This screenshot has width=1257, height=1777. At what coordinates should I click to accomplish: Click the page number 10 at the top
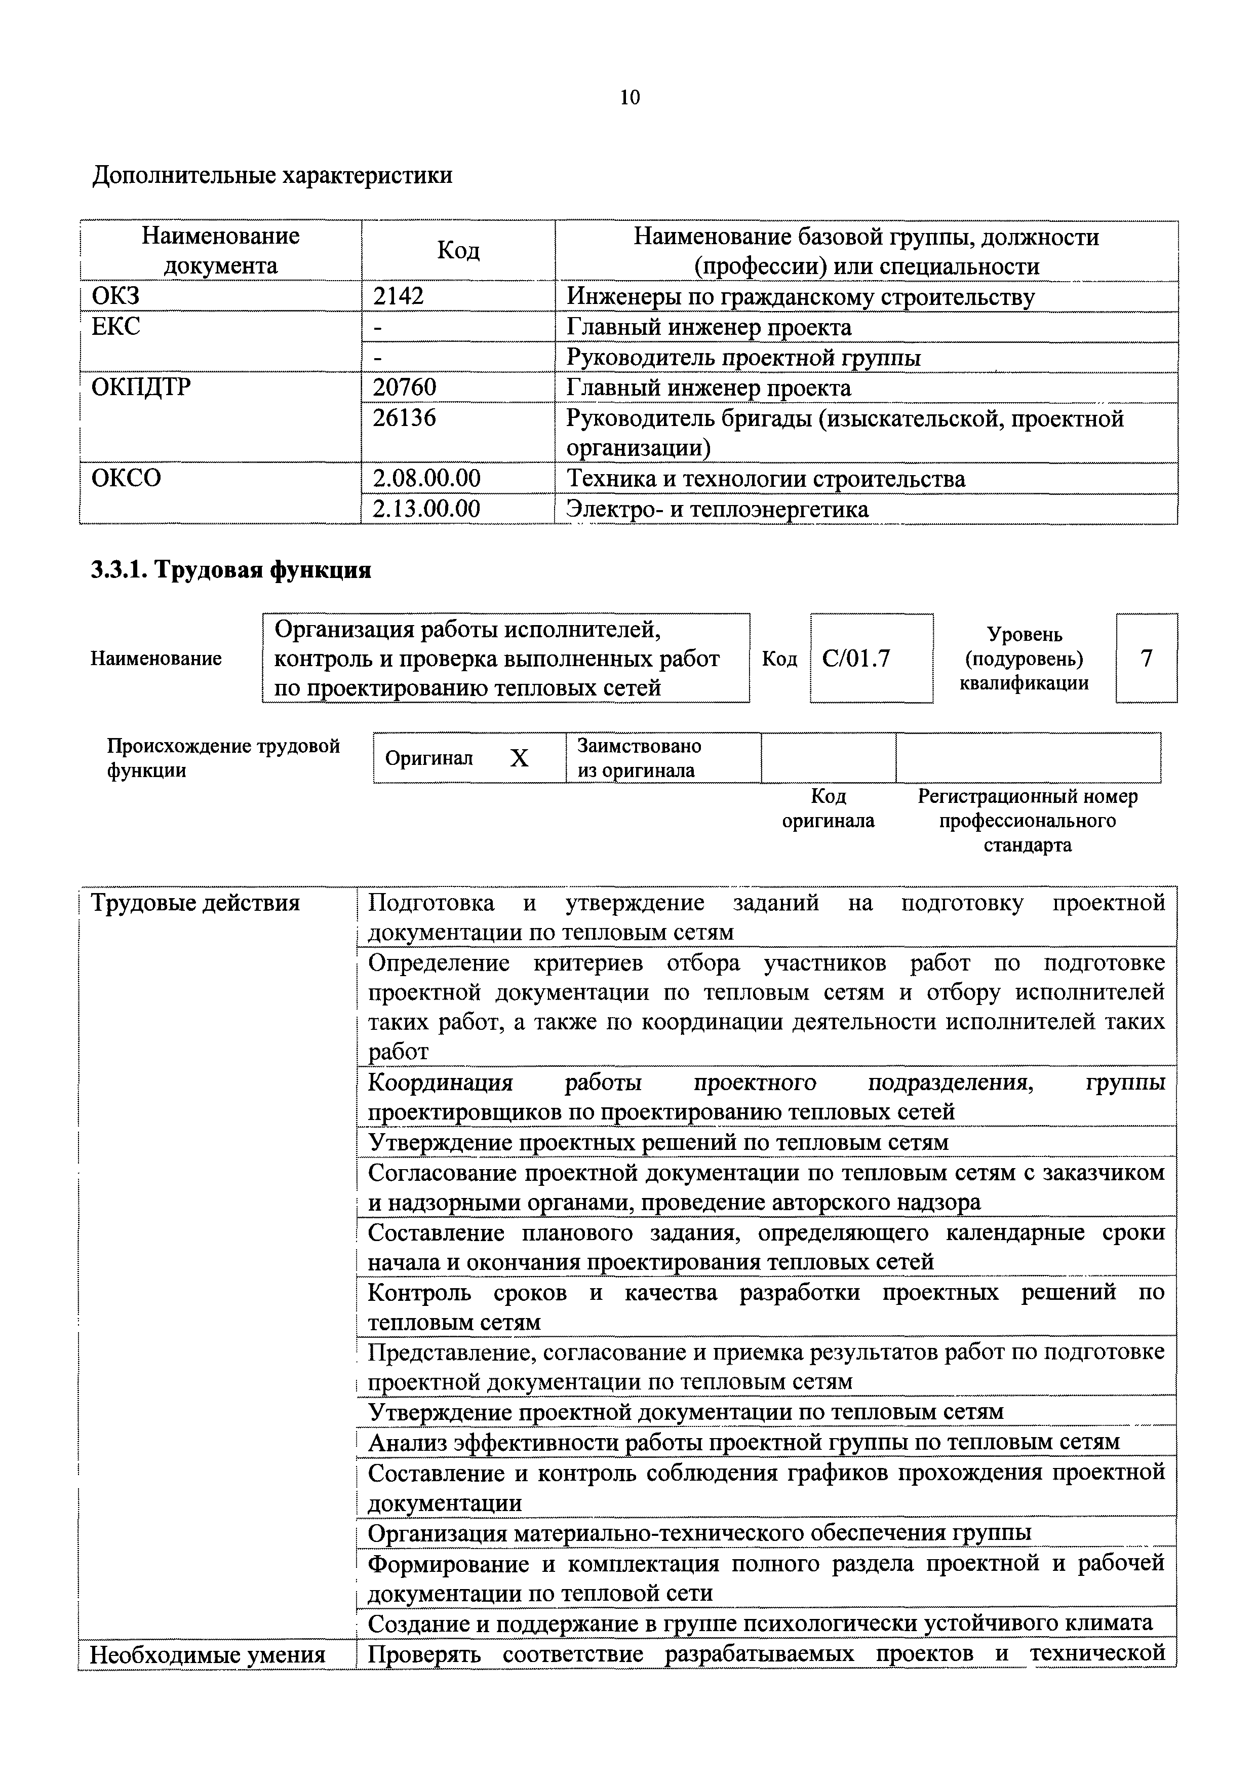tap(630, 98)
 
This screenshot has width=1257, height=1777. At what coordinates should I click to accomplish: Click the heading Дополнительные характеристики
tap(272, 176)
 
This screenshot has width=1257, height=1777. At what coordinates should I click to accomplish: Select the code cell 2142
tap(398, 296)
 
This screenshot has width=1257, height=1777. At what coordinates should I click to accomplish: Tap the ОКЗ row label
tap(115, 296)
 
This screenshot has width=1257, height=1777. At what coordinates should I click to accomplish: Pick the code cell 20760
tap(404, 387)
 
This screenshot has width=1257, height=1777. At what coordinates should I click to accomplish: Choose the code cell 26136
tap(404, 418)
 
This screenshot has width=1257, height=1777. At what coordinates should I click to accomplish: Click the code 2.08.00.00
tap(426, 478)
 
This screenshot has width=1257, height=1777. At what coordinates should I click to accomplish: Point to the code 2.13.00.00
tap(426, 509)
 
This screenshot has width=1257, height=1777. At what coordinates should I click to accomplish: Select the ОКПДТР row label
tap(140, 387)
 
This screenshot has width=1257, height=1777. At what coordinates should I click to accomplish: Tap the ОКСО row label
tap(126, 478)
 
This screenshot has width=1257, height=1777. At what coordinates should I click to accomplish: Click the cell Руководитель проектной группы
tap(743, 358)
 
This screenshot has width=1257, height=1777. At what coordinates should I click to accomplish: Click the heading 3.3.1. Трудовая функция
tap(230, 570)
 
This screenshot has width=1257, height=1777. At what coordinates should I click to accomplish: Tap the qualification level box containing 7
tap(1146, 659)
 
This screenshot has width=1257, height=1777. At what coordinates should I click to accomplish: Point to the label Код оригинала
tap(828, 809)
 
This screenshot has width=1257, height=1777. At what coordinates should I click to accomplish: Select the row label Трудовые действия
tap(195, 903)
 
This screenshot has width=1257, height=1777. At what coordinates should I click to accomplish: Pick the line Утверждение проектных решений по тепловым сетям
tap(658, 1142)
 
